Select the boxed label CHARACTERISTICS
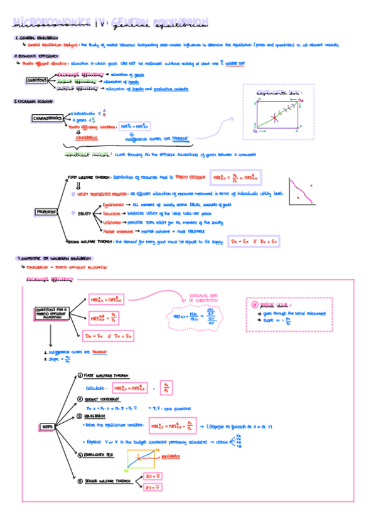[x=49, y=119]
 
